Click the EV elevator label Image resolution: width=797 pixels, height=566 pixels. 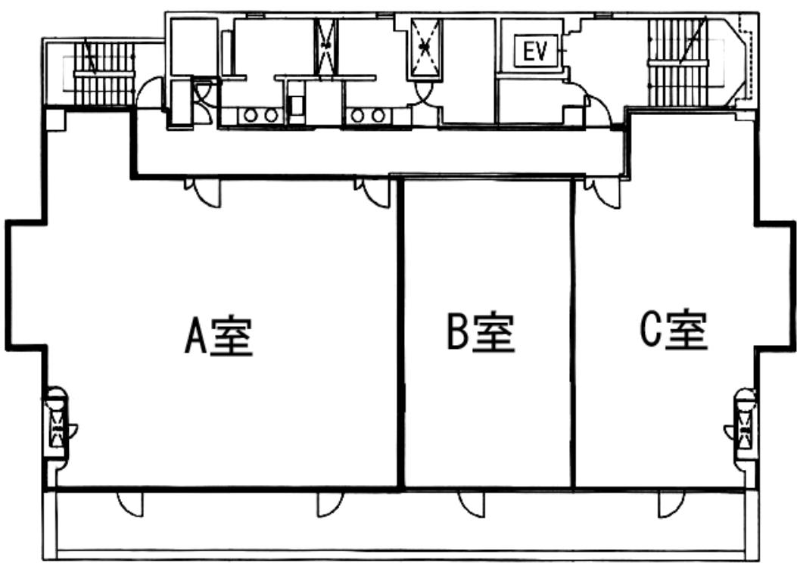[536, 51]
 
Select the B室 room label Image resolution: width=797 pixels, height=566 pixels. [481, 333]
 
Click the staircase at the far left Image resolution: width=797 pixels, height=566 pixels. [104, 73]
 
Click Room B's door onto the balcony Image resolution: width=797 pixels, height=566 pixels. [471, 504]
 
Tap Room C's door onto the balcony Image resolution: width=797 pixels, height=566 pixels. [671, 504]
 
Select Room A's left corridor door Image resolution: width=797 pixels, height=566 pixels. [203, 192]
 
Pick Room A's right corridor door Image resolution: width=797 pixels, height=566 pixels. [372, 192]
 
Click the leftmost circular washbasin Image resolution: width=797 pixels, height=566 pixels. [251, 116]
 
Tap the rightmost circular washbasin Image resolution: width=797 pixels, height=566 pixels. [378, 116]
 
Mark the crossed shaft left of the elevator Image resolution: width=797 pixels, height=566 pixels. [425, 48]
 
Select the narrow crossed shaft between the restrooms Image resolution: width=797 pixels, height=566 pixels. [325, 45]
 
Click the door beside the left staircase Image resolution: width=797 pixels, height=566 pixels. [148, 94]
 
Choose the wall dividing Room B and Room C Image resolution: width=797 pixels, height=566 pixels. [573, 333]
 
